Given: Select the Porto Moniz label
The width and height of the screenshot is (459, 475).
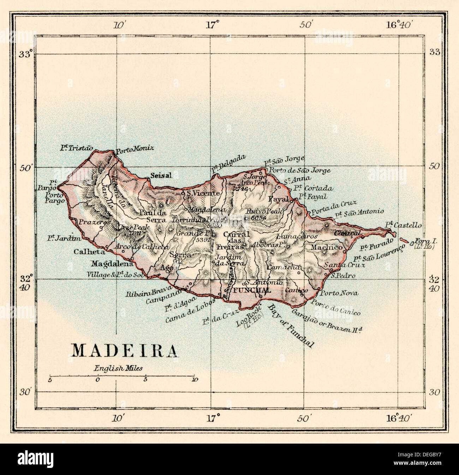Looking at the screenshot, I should [x=130, y=149].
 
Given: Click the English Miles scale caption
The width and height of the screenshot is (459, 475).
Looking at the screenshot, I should [x=118, y=368].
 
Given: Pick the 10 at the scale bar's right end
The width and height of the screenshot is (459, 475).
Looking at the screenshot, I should [x=194, y=380].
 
